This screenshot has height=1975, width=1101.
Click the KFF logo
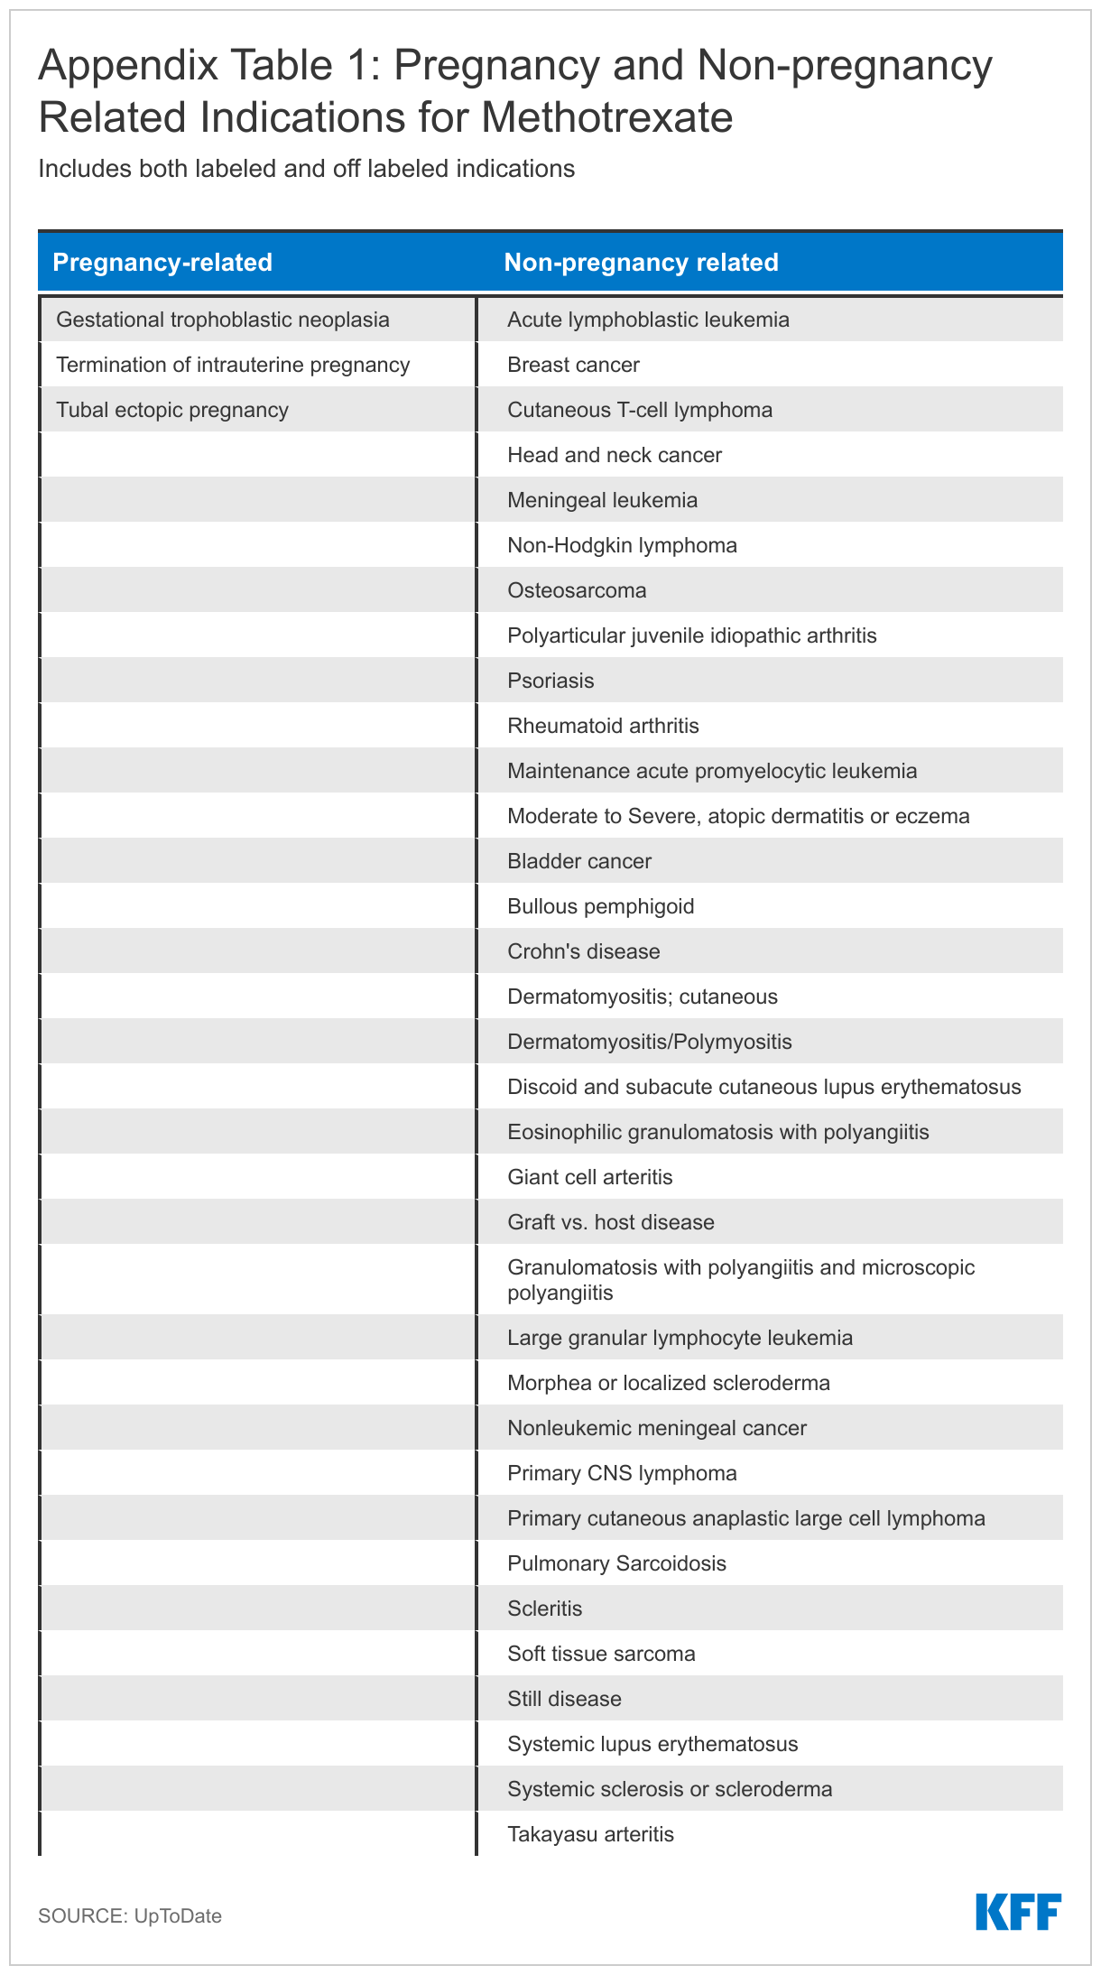(1018, 1913)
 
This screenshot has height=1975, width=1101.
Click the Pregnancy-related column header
(162, 263)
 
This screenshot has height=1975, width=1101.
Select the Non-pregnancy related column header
(641, 263)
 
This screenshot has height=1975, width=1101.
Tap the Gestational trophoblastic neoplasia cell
(223, 320)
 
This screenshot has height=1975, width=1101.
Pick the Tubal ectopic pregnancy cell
(172, 410)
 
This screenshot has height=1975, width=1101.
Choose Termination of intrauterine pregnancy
(233, 365)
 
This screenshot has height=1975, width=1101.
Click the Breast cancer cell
(573, 365)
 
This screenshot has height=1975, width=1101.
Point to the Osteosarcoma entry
(577, 590)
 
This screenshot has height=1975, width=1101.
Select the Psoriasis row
(550, 681)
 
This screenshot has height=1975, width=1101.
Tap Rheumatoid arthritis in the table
(603, 726)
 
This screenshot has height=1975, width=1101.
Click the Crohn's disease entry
(583, 951)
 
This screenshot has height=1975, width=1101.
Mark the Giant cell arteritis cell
(590, 1177)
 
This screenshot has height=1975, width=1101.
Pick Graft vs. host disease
(611, 1222)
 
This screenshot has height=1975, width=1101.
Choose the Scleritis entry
(545, 1609)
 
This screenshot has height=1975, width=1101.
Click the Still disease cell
(564, 1699)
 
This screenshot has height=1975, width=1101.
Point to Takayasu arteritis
(590, 1834)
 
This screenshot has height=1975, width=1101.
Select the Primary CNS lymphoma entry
(622, 1473)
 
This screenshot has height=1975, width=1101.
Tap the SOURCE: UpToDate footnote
(130, 1915)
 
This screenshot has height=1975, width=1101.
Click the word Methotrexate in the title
(606, 117)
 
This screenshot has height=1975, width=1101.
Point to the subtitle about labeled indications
(306, 169)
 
